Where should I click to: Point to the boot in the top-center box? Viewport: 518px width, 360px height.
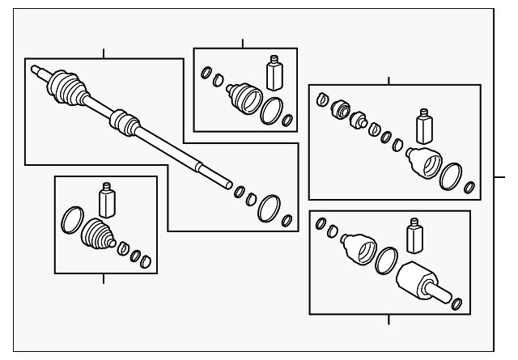[x=244, y=99]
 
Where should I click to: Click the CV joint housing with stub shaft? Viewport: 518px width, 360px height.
[x=420, y=282]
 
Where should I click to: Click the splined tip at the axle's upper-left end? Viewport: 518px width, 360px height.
[x=37, y=71]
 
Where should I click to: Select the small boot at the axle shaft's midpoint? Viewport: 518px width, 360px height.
[x=121, y=121]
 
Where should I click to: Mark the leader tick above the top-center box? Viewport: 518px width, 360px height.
[x=243, y=43]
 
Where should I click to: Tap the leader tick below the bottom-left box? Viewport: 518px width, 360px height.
[x=104, y=279]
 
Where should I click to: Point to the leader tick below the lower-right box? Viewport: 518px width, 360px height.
[x=388, y=319]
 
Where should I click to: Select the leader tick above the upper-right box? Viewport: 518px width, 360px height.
[x=388, y=80]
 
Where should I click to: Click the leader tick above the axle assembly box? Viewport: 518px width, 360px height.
[x=104, y=53]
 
